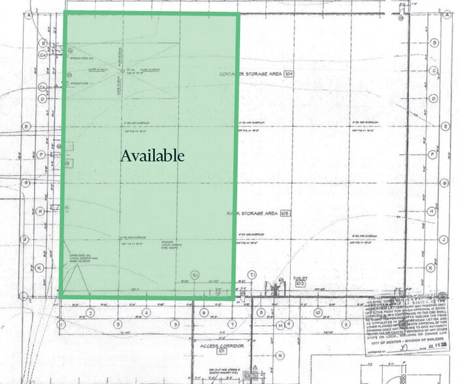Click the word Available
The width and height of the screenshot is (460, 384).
[x=152, y=155]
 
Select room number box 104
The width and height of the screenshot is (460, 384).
[x=289, y=74]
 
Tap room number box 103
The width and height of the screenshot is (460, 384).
[x=284, y=214]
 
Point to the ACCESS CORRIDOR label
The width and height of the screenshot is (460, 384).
[x=213, y=345]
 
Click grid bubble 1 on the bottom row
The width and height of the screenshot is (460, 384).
[x=61, y=324]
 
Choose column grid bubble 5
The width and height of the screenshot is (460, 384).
[x=175, y=324]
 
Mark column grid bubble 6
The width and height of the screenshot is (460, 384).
[x=203, y=312]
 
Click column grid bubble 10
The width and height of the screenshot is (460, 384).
[x=316, y=312]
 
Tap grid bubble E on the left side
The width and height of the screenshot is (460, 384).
[x=27, y=126]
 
